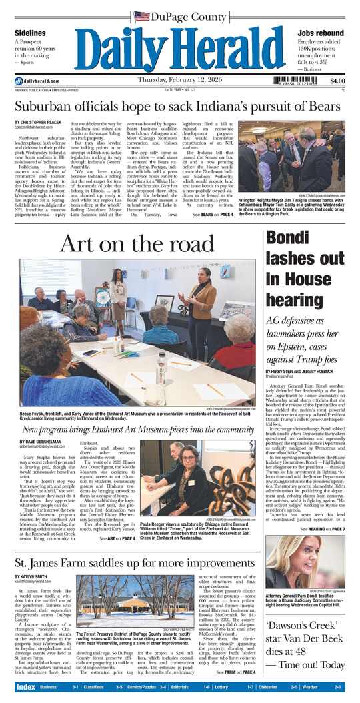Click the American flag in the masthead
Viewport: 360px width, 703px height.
(x=141, y=16)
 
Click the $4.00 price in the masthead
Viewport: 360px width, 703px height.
(x=337, y=81)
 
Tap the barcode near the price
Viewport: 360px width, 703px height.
(x=299, y=81)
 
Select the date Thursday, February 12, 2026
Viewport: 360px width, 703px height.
(x=179, y=81)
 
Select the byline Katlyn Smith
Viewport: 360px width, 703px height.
(x=31, y=576)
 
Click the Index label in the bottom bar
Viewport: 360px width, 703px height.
(x=26, y=687)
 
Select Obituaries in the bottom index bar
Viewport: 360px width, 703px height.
(x=266, y=687)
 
